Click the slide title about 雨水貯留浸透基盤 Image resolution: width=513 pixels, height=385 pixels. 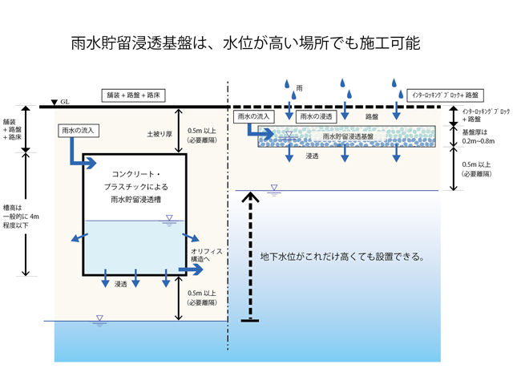click(256, 43)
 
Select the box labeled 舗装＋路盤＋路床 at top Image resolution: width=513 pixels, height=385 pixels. click(143, 94)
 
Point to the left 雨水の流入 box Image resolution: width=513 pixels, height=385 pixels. click(78, 128)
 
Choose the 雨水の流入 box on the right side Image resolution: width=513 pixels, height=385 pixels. click(254, 117)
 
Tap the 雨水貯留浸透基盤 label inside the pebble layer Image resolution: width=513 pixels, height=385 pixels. click(344, 137)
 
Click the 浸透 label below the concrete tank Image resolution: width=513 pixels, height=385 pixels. click(122, 283)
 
